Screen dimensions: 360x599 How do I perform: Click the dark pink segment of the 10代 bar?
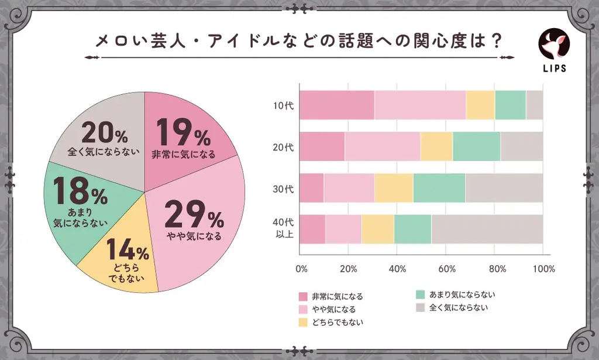337,105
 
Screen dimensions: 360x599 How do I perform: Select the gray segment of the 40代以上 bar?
487,229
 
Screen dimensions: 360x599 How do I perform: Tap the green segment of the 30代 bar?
439,188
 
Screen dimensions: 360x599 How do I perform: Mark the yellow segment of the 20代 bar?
436,147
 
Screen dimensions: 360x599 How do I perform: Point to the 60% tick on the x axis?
447,269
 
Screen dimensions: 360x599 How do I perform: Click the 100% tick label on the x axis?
544,269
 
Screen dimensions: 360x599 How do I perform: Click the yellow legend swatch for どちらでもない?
303,323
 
